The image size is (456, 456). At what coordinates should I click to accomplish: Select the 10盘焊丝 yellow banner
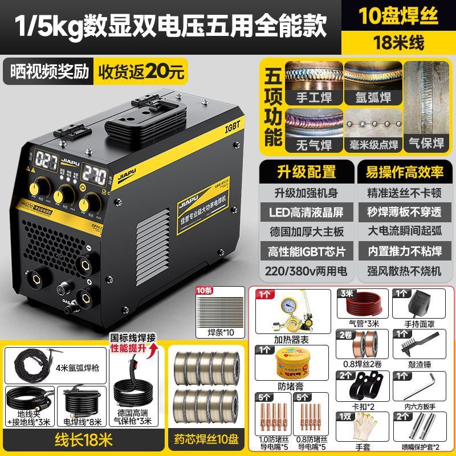(x=398, y=16)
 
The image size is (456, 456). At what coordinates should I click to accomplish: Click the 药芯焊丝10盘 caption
(x=207, y=439)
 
